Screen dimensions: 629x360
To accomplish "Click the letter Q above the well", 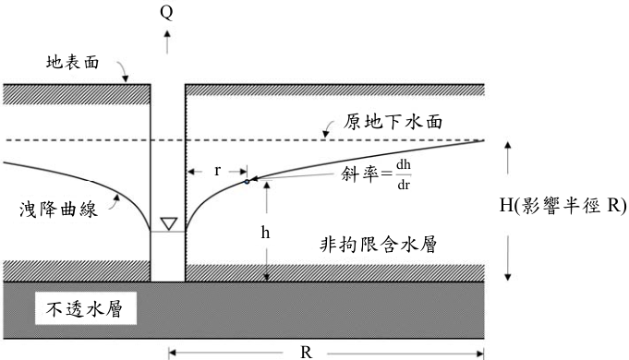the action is click(166, 12).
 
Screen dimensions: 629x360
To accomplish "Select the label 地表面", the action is click(73, 62).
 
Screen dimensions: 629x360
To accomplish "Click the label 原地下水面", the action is click(393, 122).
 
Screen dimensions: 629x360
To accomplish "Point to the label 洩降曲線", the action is click(58, 210).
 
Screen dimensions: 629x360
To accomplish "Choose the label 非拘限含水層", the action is click(379, 244).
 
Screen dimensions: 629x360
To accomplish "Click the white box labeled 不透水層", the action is click(86, 308).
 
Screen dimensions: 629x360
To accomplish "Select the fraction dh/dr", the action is click(404, 174).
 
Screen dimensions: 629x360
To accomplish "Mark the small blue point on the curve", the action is click(247, 182).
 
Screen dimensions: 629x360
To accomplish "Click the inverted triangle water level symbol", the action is click(169, 223).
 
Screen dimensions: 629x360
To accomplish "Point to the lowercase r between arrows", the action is click(217, 171).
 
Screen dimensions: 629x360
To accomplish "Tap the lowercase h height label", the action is click(265, 232).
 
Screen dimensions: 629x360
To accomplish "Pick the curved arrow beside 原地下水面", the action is click(328, 128).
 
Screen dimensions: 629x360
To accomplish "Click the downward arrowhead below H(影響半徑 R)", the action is click(507, 277).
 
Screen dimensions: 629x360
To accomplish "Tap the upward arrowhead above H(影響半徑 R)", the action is click(507, 145).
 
